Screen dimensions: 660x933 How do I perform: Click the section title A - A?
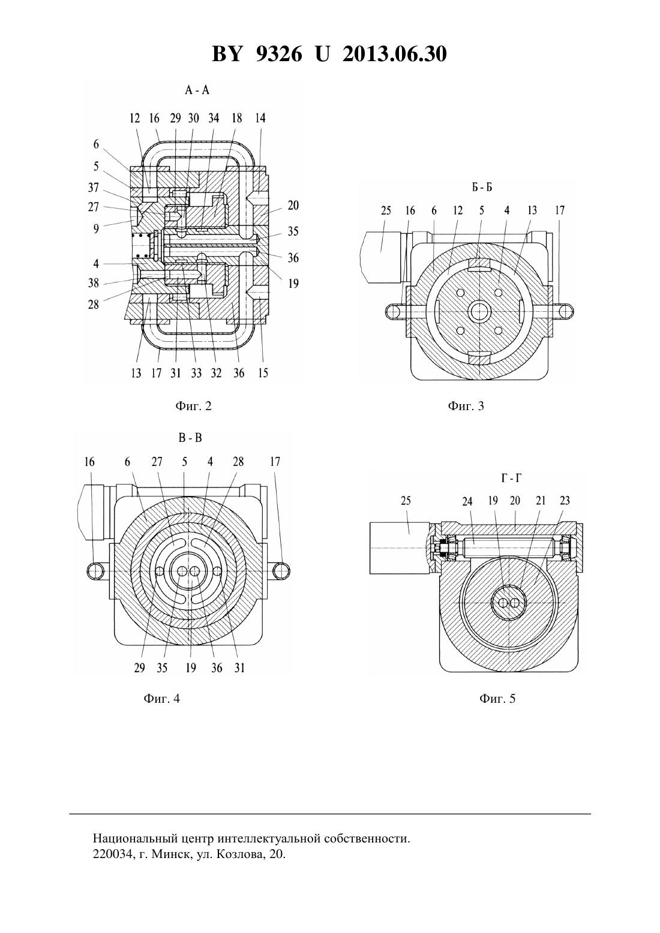[197, 90]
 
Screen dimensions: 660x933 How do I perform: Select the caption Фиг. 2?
[193, 406]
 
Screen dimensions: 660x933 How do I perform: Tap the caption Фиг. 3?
[466, 406]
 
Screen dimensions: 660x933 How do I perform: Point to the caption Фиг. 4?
[161, 699]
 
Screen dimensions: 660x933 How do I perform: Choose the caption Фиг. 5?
[497, 699]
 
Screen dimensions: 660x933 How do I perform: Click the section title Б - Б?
[482, 188]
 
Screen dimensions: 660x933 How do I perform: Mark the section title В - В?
[190, 438]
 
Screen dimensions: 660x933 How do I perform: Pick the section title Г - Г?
[511, 478]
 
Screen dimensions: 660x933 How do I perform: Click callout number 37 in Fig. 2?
[94, 188]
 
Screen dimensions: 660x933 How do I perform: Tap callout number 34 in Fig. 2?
[214, 118]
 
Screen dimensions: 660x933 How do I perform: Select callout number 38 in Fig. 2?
[94, 283]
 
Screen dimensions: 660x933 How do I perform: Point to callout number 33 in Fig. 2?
[196, 373]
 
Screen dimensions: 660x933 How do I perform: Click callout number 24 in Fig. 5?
[467, 501]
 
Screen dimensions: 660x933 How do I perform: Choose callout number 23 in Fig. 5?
[565, 500]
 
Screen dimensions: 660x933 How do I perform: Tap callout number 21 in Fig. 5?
[541, 500]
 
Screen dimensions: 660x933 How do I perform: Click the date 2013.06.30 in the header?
[395, 54]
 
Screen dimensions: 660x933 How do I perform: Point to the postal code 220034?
[112, 854]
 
